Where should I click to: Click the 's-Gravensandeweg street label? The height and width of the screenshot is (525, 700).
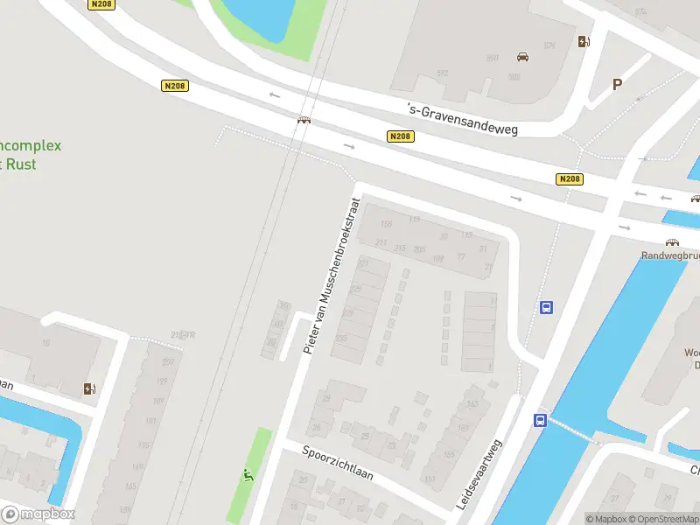(463, 120)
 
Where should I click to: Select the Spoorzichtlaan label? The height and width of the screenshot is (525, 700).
(337, 464)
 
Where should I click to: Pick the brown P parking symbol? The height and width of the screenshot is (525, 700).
(617, 85)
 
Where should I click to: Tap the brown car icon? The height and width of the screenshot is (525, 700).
(522, 57)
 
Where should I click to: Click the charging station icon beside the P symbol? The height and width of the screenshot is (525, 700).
(584, 41)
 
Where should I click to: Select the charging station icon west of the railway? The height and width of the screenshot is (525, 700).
(89, 389)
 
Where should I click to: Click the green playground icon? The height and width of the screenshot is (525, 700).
(248, 476)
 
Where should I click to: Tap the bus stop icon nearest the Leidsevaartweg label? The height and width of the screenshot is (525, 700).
(540, 420)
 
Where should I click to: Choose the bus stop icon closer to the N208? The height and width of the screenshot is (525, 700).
(547, 307)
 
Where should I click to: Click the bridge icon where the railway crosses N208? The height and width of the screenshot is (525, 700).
(304, 121)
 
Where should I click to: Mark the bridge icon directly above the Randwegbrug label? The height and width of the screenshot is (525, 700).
(672, 242)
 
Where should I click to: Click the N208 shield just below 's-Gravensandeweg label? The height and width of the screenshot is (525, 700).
(401, 136)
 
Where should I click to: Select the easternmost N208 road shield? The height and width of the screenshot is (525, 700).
(569, 179)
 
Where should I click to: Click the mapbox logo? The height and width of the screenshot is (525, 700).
(38, 514)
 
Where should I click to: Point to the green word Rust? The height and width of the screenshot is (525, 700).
(21, 164)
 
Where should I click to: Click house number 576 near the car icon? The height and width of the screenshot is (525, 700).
(549, 45)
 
